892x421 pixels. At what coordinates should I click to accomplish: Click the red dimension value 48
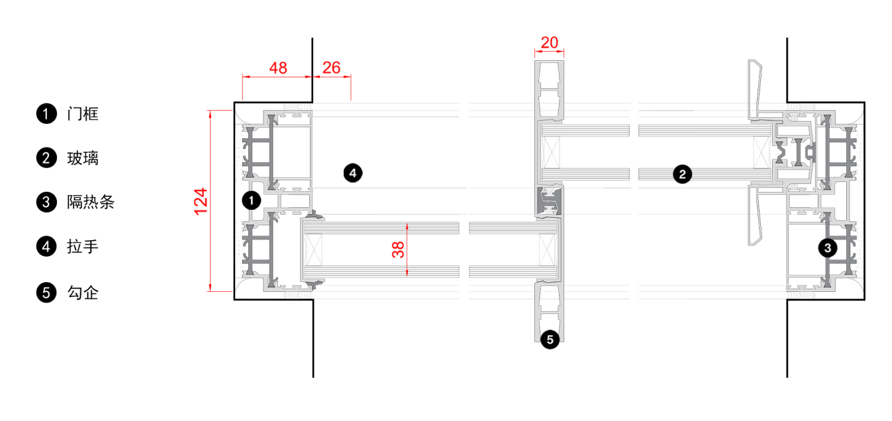point(278,68)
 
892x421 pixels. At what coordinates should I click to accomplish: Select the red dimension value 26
point(331,68)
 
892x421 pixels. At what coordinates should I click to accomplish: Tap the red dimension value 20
point(550,42)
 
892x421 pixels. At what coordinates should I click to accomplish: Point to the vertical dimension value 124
point(201,201)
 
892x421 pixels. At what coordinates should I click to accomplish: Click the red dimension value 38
point(398,250)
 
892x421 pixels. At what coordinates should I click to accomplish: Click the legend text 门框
point(82,114)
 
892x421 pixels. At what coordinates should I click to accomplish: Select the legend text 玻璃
point(82,158)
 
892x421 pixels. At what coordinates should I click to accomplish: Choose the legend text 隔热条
point(91,202)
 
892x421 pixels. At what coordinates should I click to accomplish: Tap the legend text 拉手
point(82,247)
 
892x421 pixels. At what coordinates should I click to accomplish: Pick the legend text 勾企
point(82,293)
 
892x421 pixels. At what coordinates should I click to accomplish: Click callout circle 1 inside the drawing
point(251,200)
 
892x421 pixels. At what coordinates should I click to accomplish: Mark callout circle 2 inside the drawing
point(682,174)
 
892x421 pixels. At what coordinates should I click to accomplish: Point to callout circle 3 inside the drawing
point(828,248)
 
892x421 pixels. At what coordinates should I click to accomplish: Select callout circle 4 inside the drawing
point(353,173)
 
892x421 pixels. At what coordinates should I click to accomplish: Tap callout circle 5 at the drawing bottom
point(550,340)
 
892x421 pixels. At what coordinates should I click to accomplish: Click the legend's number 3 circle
point(46,202)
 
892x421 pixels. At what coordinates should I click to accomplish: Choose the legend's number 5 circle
point(46,293)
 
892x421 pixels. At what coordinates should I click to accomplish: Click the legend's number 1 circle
point(46,114)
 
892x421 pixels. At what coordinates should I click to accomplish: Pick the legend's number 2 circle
point(46,158)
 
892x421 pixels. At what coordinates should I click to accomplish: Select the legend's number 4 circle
point(46,247)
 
